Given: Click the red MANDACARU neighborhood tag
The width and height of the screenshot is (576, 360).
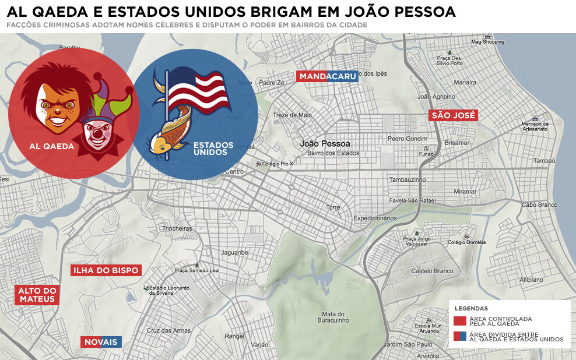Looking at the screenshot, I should [x=327, y=76].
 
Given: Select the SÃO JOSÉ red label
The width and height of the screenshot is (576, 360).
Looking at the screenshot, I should [x=454, y=115].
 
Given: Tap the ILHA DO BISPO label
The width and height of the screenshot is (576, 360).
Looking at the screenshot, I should [x=106, y=270].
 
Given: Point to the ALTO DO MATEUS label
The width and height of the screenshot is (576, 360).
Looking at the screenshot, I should [x=37, y=295].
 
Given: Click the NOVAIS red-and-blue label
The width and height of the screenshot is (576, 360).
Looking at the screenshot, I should [x=101, y=342].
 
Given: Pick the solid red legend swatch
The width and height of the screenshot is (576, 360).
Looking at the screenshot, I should [x=460, y=320].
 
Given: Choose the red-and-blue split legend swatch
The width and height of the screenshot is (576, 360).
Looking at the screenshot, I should [x=460, y=336].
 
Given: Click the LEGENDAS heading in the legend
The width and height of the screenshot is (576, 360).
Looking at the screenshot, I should [x=471, y=308].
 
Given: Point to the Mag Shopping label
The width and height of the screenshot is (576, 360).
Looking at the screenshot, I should [x=487, y=42].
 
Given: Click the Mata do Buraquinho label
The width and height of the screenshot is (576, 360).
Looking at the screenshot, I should [x=333, y=317].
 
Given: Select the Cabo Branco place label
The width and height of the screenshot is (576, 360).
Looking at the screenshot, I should [x=539, y=204].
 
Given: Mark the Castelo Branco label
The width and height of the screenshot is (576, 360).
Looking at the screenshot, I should [x=432, y=271].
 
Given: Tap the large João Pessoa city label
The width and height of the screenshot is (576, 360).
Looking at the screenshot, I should [x=325, y=143].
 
